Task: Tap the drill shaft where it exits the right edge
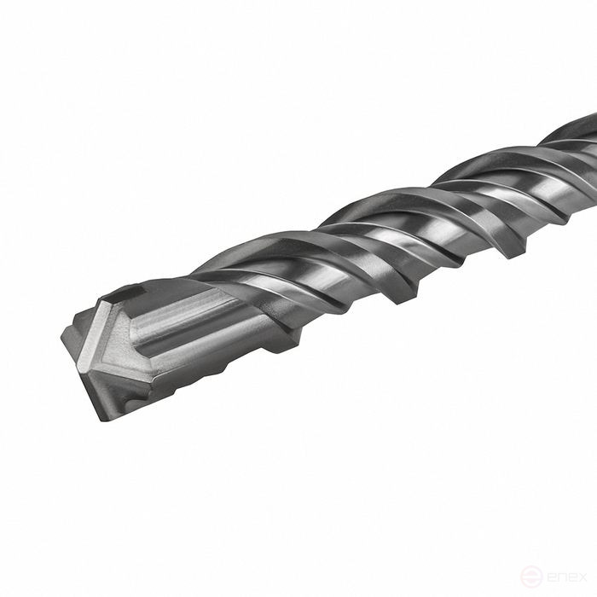pos(588,145)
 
